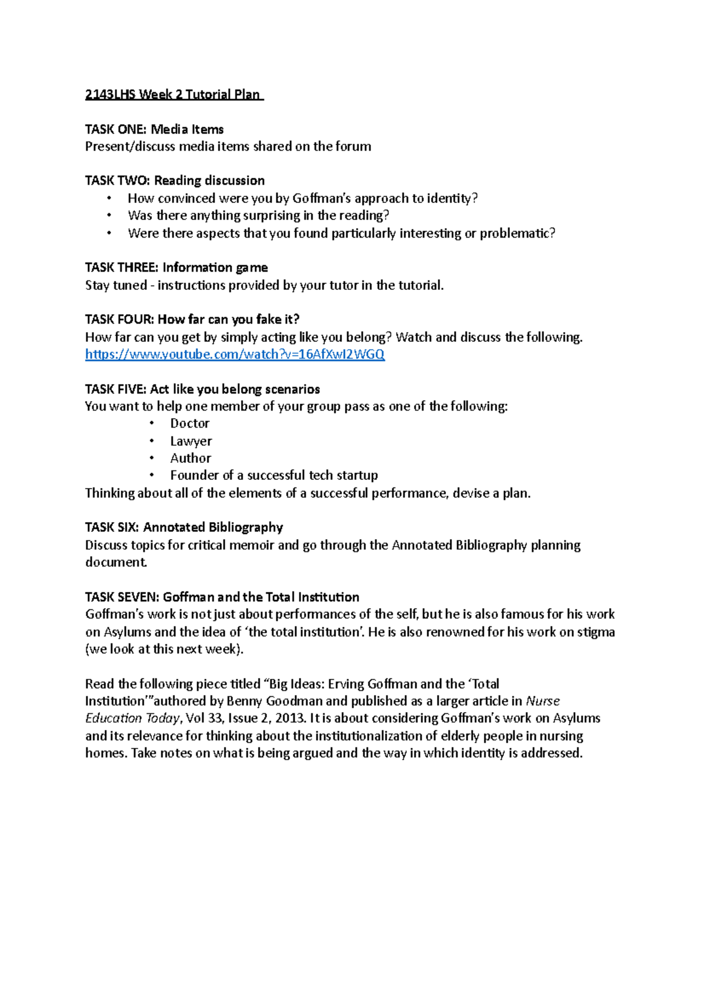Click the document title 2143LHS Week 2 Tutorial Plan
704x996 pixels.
pyautogui.click(x=174, y=94)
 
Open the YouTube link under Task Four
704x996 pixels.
pyautogui.click(x=235, y=354)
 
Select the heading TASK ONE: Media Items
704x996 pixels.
pyautogui.click(x=154, y=129)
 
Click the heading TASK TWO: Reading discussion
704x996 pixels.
pyautogui.click(x=174, y=181)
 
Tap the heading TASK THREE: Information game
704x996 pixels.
pyautogui.click(x=176, y=267)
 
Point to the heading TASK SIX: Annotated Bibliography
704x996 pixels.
pyautogui.click(x=184, y=527)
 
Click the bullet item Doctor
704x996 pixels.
pyautogui.click(x=189, y=424)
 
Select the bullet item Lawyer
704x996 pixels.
pyautogui.click(x=191, y=441)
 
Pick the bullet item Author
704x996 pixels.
pyautogui.click(x=190, y=458)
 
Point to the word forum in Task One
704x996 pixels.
pyautogui.click(x=353, y=147)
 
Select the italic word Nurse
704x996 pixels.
pyautogui.click(x=543, y=701)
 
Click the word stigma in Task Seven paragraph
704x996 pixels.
pyautogui.click(x=596, y=632)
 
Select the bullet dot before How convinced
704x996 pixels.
pyautogui.click(x=109, y=198)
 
